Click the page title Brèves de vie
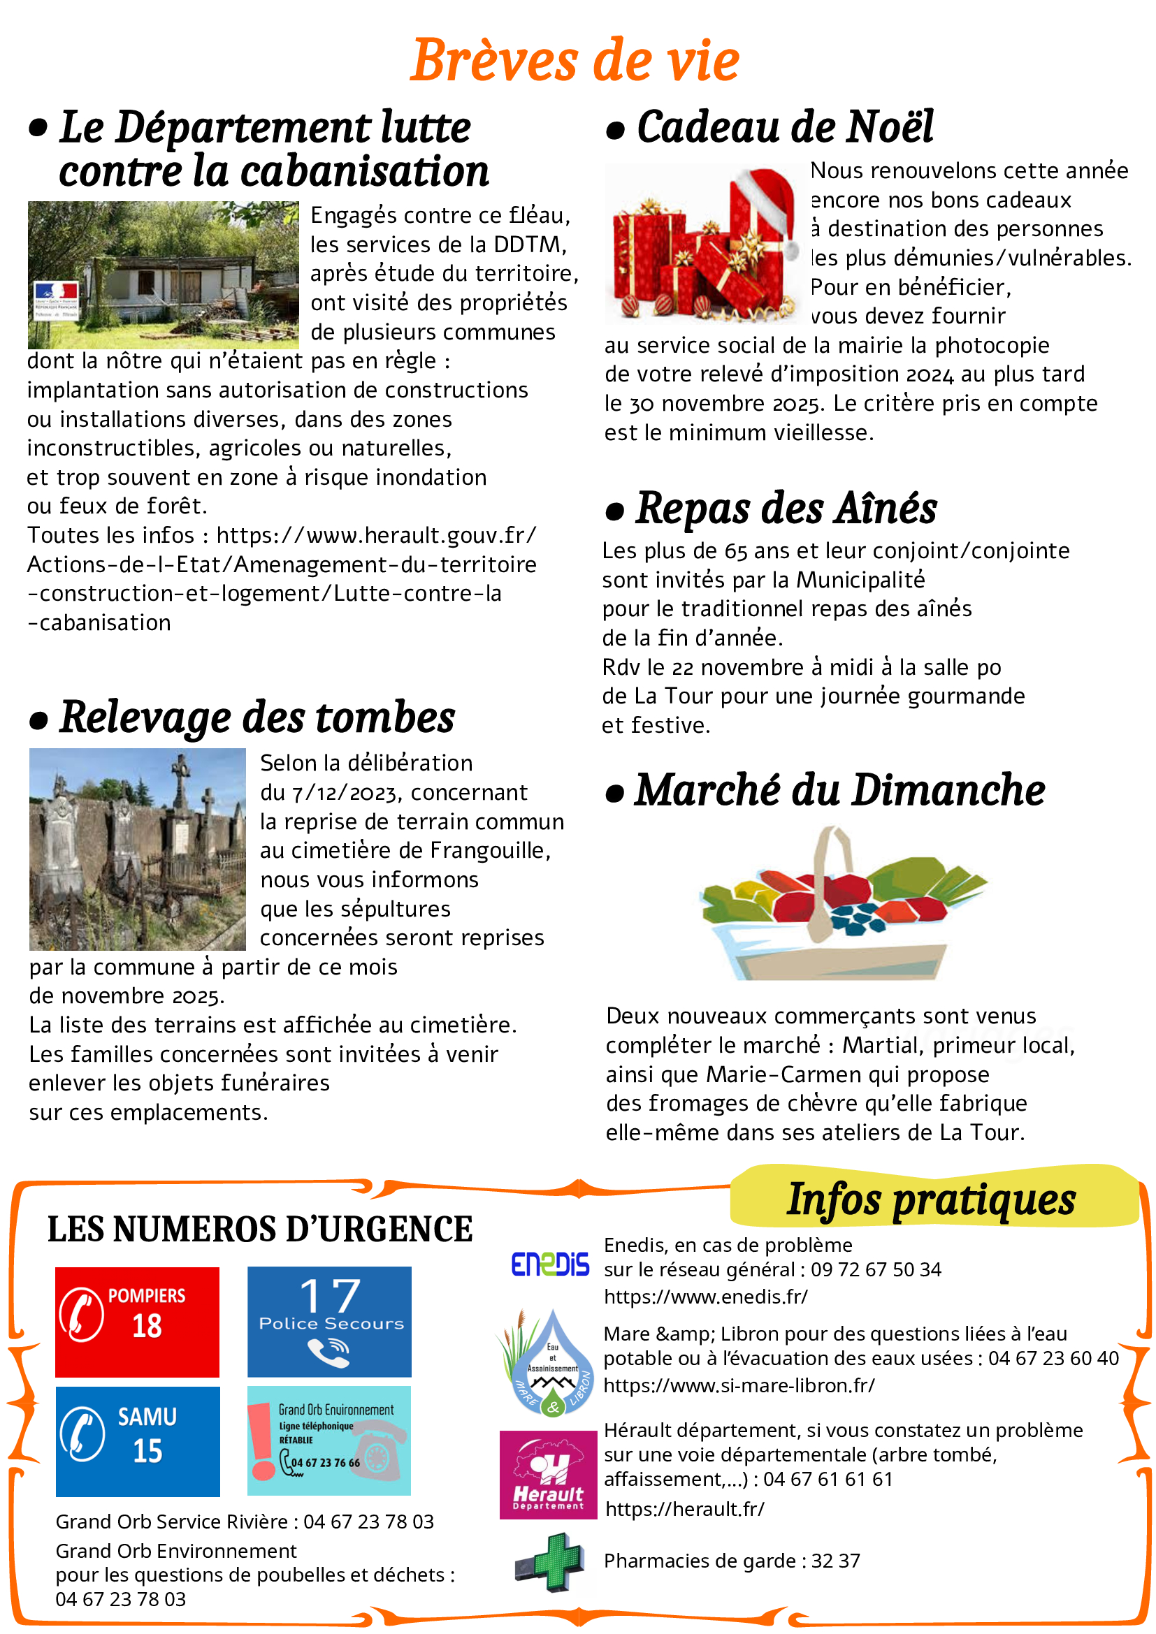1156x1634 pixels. (x=575, y=61)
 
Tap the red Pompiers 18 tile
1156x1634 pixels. (x=138, y=1322)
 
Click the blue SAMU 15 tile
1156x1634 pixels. (x=138, y=1441)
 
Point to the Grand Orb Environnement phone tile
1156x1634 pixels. (x=329, y=1440)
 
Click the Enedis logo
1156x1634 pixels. (x=549, y=1264)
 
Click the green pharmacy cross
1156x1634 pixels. (x=550, y=1563)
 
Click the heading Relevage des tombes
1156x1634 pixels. (x=257, y=717)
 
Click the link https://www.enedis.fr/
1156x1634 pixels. (x=705, y=1297)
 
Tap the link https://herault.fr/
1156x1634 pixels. (x=685, y=1509)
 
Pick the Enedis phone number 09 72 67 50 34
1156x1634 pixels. (x=876, y=1269)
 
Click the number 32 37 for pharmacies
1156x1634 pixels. (x=836, y=1561)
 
